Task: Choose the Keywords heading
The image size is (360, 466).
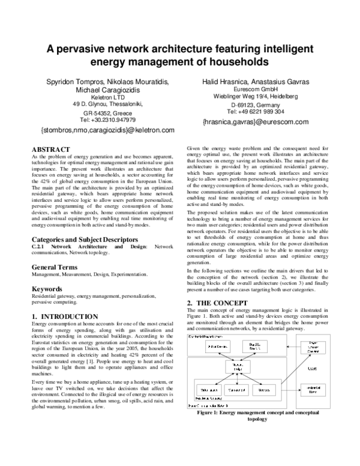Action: tap(48, 289)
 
